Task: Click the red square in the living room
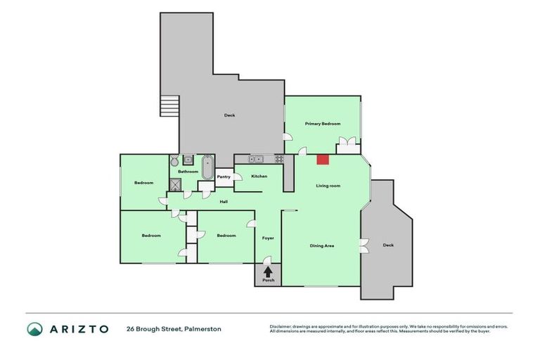323,160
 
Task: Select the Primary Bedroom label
322,124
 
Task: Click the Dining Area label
321,246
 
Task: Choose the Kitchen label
259,176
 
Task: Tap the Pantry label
224,176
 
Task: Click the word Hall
224,202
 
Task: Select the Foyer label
267,238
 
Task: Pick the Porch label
267,281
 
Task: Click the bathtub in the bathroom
208,167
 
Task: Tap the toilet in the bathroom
175,161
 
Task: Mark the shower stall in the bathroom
174,184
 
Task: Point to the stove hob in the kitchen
278,158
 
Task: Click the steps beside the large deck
169,107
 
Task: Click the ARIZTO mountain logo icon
34,329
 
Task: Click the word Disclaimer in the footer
282,326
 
